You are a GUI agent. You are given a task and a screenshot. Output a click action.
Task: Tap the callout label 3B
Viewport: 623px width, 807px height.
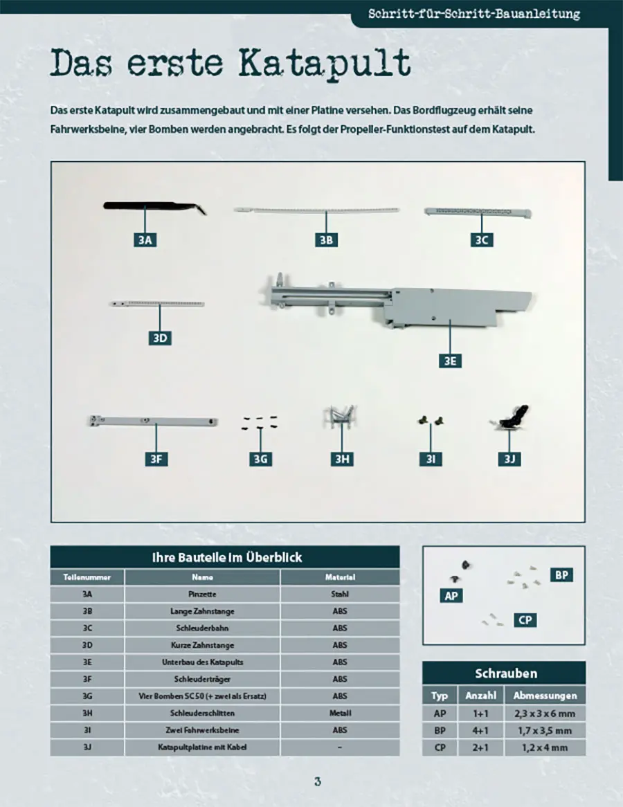pyautogui.click(x=326, y=240)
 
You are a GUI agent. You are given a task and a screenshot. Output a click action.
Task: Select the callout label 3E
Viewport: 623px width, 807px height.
pyautogui.click(x=450, y=361)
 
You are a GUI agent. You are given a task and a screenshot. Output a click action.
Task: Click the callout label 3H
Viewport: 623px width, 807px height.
pyautogui.click(x=341, y=458)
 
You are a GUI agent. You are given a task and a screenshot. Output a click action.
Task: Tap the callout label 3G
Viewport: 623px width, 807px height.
pyautogui.click(x=260, y=458)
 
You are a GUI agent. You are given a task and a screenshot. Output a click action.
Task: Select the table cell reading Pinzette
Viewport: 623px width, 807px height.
pyautogui.click(x=202, y=594)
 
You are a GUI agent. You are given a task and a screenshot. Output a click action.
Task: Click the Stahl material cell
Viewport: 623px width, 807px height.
pyautogui.click(x=340, y=594)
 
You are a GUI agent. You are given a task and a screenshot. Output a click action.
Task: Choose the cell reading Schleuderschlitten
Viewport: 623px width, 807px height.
pyautogui.click(x=202, y=713)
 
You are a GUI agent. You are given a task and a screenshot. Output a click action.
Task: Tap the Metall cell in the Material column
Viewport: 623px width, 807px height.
pyautogui.click(x=340, y=713)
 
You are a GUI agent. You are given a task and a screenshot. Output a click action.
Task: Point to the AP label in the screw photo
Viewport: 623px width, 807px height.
pyautogui.click(x=451, y=595)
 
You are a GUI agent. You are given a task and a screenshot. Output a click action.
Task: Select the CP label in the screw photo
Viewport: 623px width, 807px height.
pyautogui.click(x=525, y=619)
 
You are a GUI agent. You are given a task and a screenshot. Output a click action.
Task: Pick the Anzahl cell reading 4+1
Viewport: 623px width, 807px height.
pyautogui.click(x=477, y=730)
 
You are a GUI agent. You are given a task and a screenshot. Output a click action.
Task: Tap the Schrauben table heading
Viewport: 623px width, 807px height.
pyautogui.click(x=505, y=673)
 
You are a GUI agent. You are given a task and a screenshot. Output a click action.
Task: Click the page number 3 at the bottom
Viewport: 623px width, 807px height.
pyautogui.click(x=317, y=781)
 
